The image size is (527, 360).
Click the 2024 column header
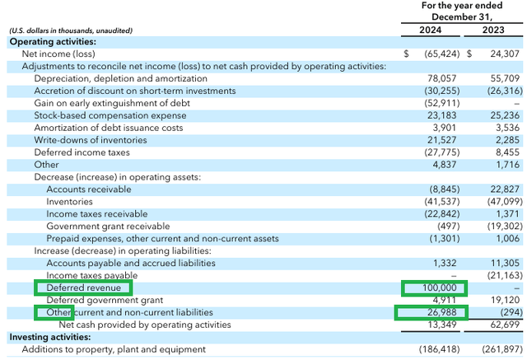tap(433, 30)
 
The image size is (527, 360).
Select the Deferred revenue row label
tap(83, 288)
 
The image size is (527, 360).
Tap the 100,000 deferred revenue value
tap(434, 288)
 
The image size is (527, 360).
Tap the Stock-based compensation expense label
tap(110, 115)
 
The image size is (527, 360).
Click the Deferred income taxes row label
tap(79, 152)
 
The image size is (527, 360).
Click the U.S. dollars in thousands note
tap(71, 30)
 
